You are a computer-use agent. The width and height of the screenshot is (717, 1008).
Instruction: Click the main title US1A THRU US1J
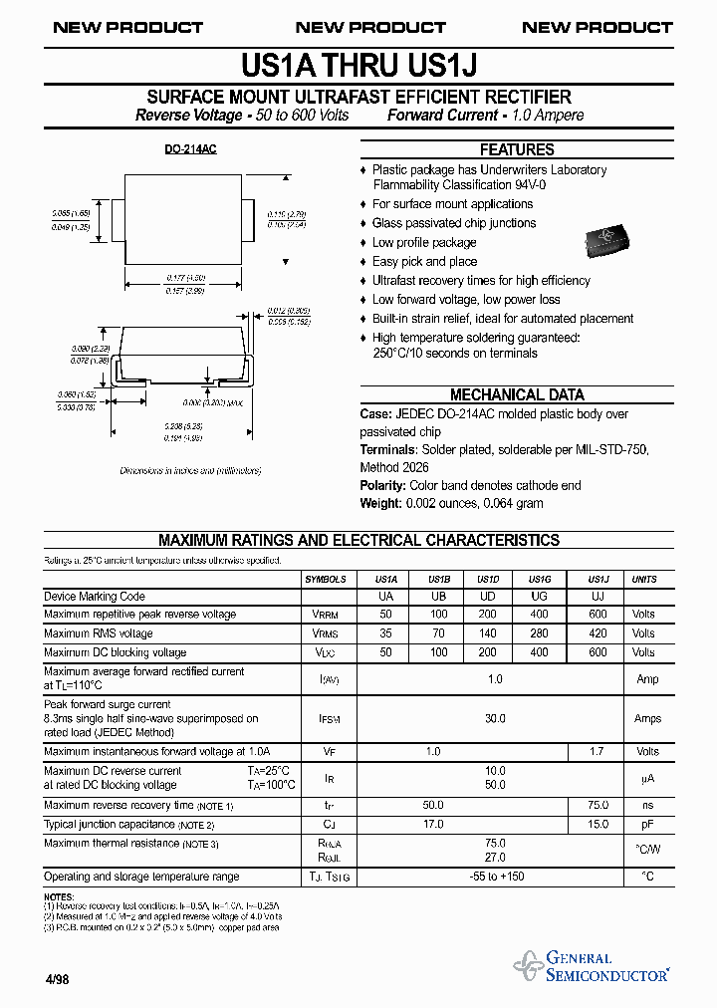pos(359,65)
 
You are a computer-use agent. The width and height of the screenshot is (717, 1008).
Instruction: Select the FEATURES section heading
pos(517,149)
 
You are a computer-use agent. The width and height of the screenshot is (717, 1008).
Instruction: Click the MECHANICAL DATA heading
pos(517,394)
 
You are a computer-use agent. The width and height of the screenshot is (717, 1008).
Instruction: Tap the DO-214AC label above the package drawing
pos(190,148)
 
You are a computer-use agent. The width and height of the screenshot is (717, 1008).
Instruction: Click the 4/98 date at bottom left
pos(57,979)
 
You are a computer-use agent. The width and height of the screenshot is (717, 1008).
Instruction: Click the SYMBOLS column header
pos(326,579)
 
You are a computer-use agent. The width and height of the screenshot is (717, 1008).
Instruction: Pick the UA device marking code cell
pos(386,597)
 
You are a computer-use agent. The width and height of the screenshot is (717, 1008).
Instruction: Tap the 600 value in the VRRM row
pos(597,615)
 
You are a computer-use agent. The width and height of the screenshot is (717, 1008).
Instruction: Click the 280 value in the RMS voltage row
pos(539,632)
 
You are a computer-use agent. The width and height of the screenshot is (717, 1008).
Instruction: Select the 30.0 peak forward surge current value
pos(495,718)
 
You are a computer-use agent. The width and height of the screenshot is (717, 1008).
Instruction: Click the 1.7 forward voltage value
pos(597,751)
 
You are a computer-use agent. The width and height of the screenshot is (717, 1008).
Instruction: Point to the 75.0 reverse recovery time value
pos(597,805)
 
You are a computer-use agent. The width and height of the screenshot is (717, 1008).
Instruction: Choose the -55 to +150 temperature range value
pos(495,877)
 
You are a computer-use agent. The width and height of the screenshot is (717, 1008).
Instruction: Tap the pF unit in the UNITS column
pos(646,825)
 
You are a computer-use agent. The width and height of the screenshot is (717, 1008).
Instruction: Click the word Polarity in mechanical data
pos(382,485)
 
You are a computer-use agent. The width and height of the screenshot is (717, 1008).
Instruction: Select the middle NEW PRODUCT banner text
pos(370,27)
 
